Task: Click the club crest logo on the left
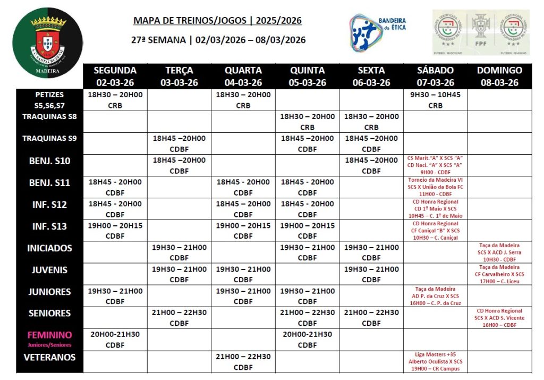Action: pyautogui.click(x=48, y=43)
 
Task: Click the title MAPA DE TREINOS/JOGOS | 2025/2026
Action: pyautogui.click(x=217, y=21)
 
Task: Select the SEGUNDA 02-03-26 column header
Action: pyautogui.click(x=115, y=76)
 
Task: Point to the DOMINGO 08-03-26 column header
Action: pyautogui.click(x=499, y=76)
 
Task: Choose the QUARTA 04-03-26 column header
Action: pyautogui.click(x=243, y=76)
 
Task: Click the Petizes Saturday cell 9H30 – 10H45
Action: pyautogui.click(x=435, y=100)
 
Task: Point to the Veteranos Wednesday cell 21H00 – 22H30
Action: pyautogui.click(x=243, y=361)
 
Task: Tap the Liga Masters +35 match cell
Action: pyautogui.click(x=435, y=361)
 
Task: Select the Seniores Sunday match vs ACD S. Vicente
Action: pyautogui.click(x=499, y=318)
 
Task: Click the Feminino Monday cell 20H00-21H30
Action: pyautogui.click(x=115, y=340)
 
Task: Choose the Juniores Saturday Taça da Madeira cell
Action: pyautogui.click(x=435, y=296)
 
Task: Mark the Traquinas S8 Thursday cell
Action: pyautogui.click(x=307, y=122)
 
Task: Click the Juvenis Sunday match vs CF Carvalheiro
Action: pyautogui.click(x=499, y=274)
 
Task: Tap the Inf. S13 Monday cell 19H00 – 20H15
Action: pyautogui.click(x=115, y=231)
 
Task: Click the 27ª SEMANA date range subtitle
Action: pyautogui.click(x=218, y=40)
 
